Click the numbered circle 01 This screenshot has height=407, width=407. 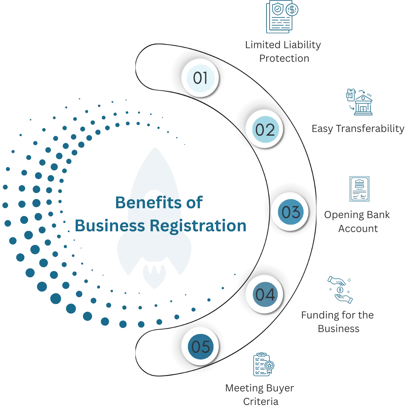[x=200, y=78]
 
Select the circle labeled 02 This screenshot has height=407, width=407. [x=265, y=129]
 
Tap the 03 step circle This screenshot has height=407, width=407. [x=290, y=212]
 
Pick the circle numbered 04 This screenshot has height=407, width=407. [x=265, y=294]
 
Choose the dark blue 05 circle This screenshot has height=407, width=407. [x=200, y=346]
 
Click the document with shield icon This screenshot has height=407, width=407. [x=282, y=17]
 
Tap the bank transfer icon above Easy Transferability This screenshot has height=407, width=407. [x=359, y=102]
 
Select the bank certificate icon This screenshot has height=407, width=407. [x=359, y=189]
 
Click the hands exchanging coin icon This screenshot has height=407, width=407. [x=340, y=290]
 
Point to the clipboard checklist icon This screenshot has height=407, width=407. [x=264, y=364]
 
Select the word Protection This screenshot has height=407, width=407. [x=284, y=58]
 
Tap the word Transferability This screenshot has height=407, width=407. [x=370, y=129]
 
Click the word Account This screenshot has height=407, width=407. [x=358, y=229]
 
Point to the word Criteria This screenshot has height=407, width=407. [x=260, y=402]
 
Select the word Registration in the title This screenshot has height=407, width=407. [x=198, y=226]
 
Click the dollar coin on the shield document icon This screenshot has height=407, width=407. [x=292, y=10]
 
